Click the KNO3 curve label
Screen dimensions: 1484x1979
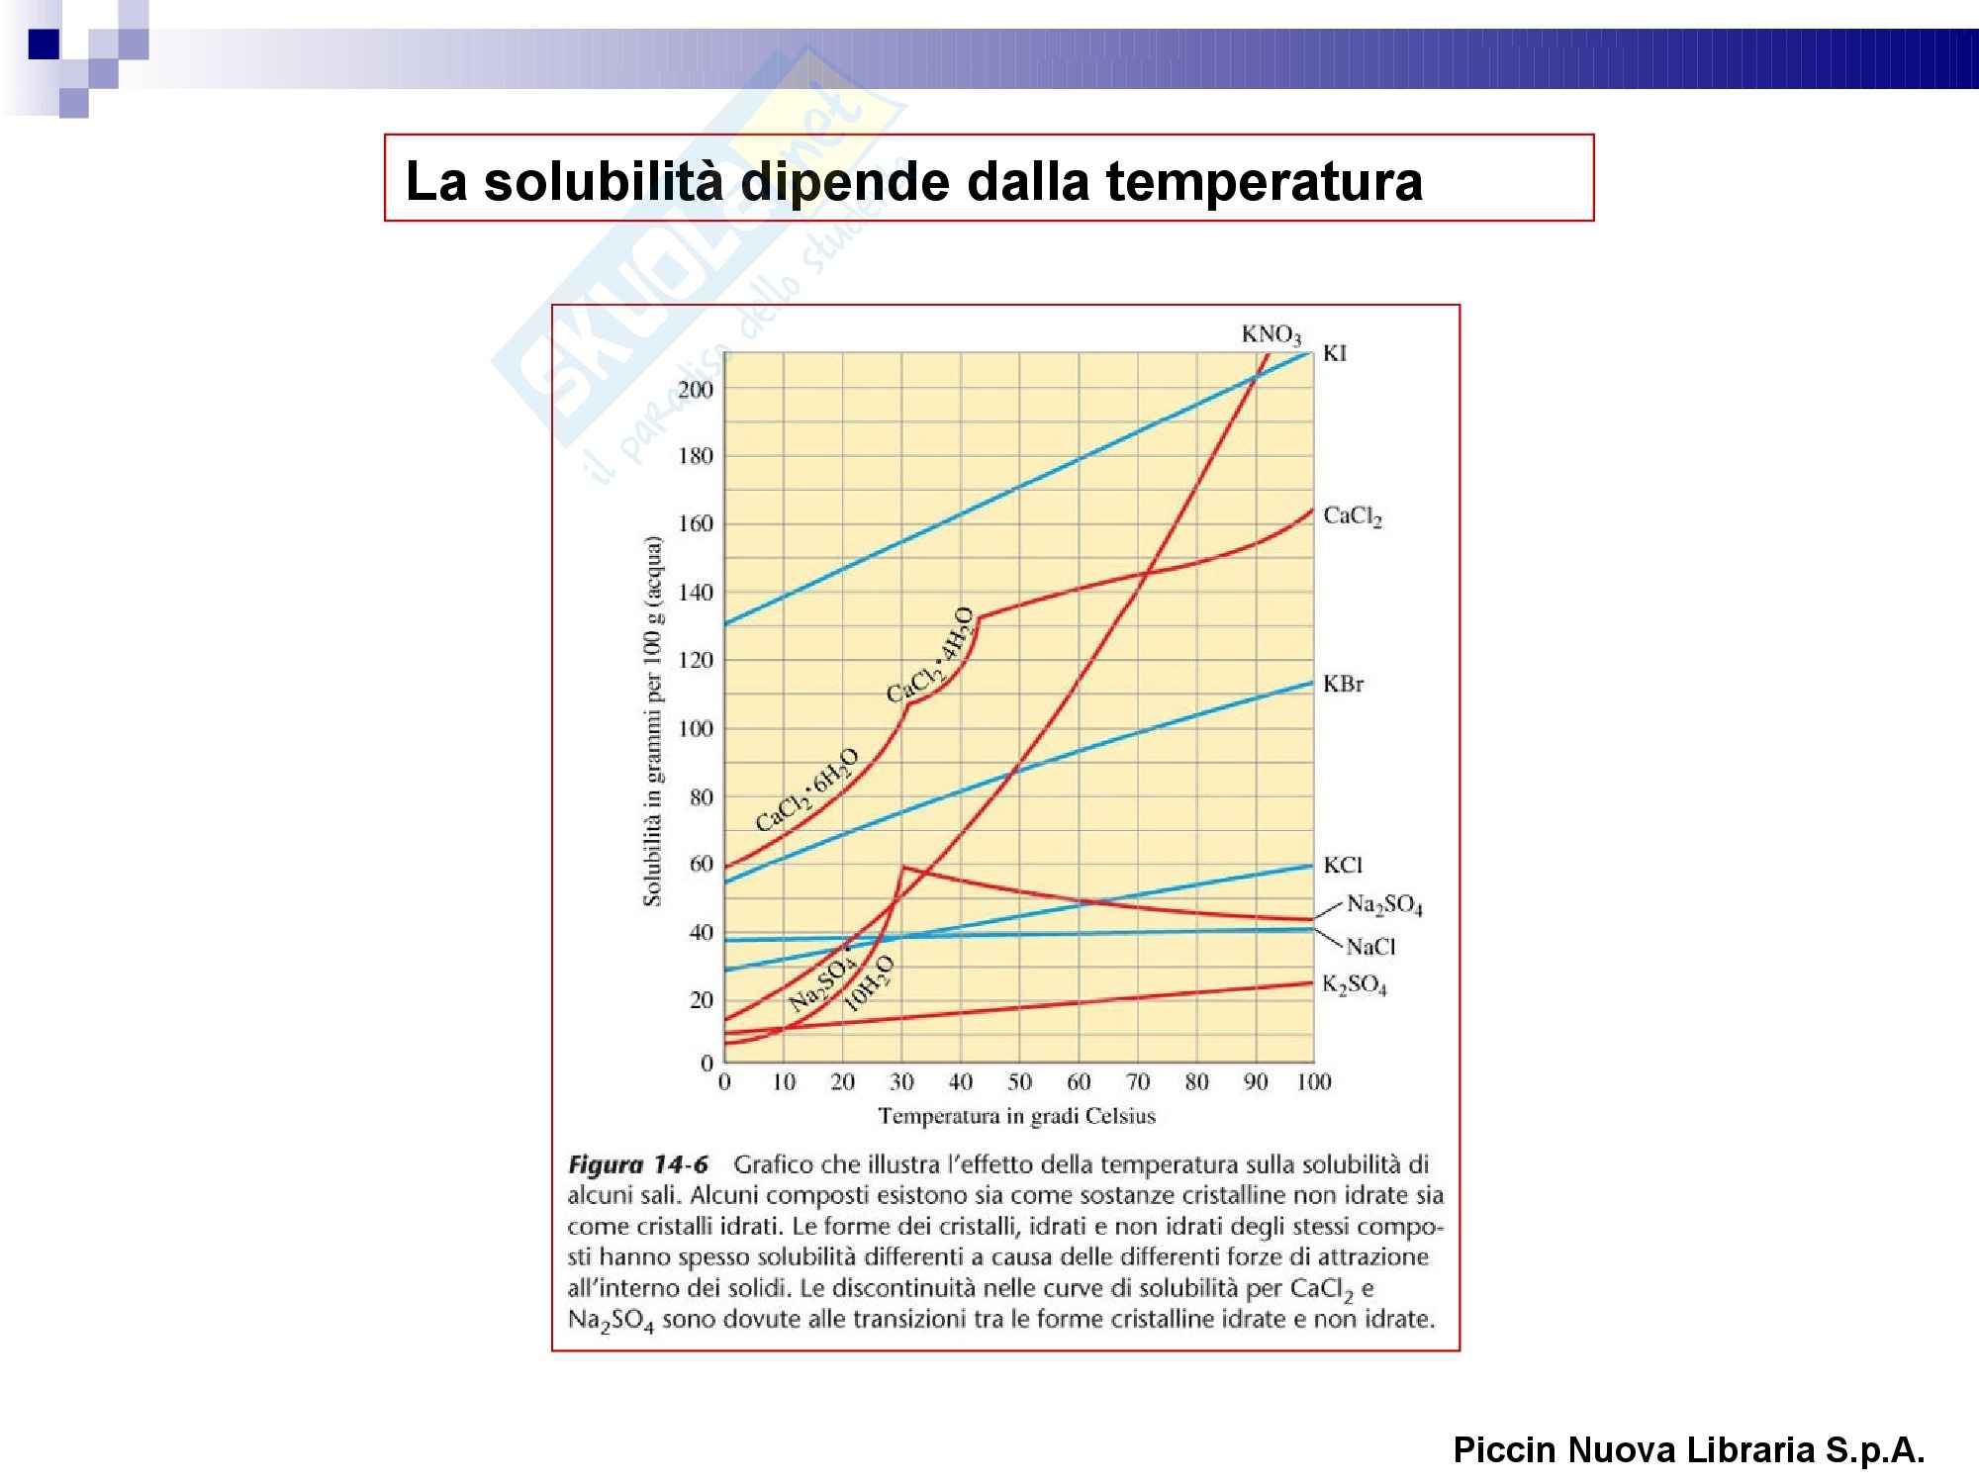coord(1272,335)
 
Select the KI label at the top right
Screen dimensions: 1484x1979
coord(1335,354)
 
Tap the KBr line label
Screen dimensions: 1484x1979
coord(1344,684)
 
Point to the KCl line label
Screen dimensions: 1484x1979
coord(1343,866)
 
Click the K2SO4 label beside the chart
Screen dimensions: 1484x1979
coord(1355,986)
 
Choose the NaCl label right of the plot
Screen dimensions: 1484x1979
coord(1370,947)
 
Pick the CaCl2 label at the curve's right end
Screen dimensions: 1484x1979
coord(1352,517)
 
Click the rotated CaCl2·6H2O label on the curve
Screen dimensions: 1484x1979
coord(807,792)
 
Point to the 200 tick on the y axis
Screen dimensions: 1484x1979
coord(695,390)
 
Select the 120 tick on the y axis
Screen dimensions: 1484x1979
coord(695,661)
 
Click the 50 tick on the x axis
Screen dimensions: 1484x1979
coord(1019,1082)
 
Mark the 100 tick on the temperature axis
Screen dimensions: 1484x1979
coord(1313,1082)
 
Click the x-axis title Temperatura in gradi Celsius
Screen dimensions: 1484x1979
coord(1016,1117)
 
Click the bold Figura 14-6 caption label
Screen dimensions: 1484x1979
coord(638,1164)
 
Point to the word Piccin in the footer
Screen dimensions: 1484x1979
coord(1504,1450)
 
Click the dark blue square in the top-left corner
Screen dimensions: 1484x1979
coord(44,45)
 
